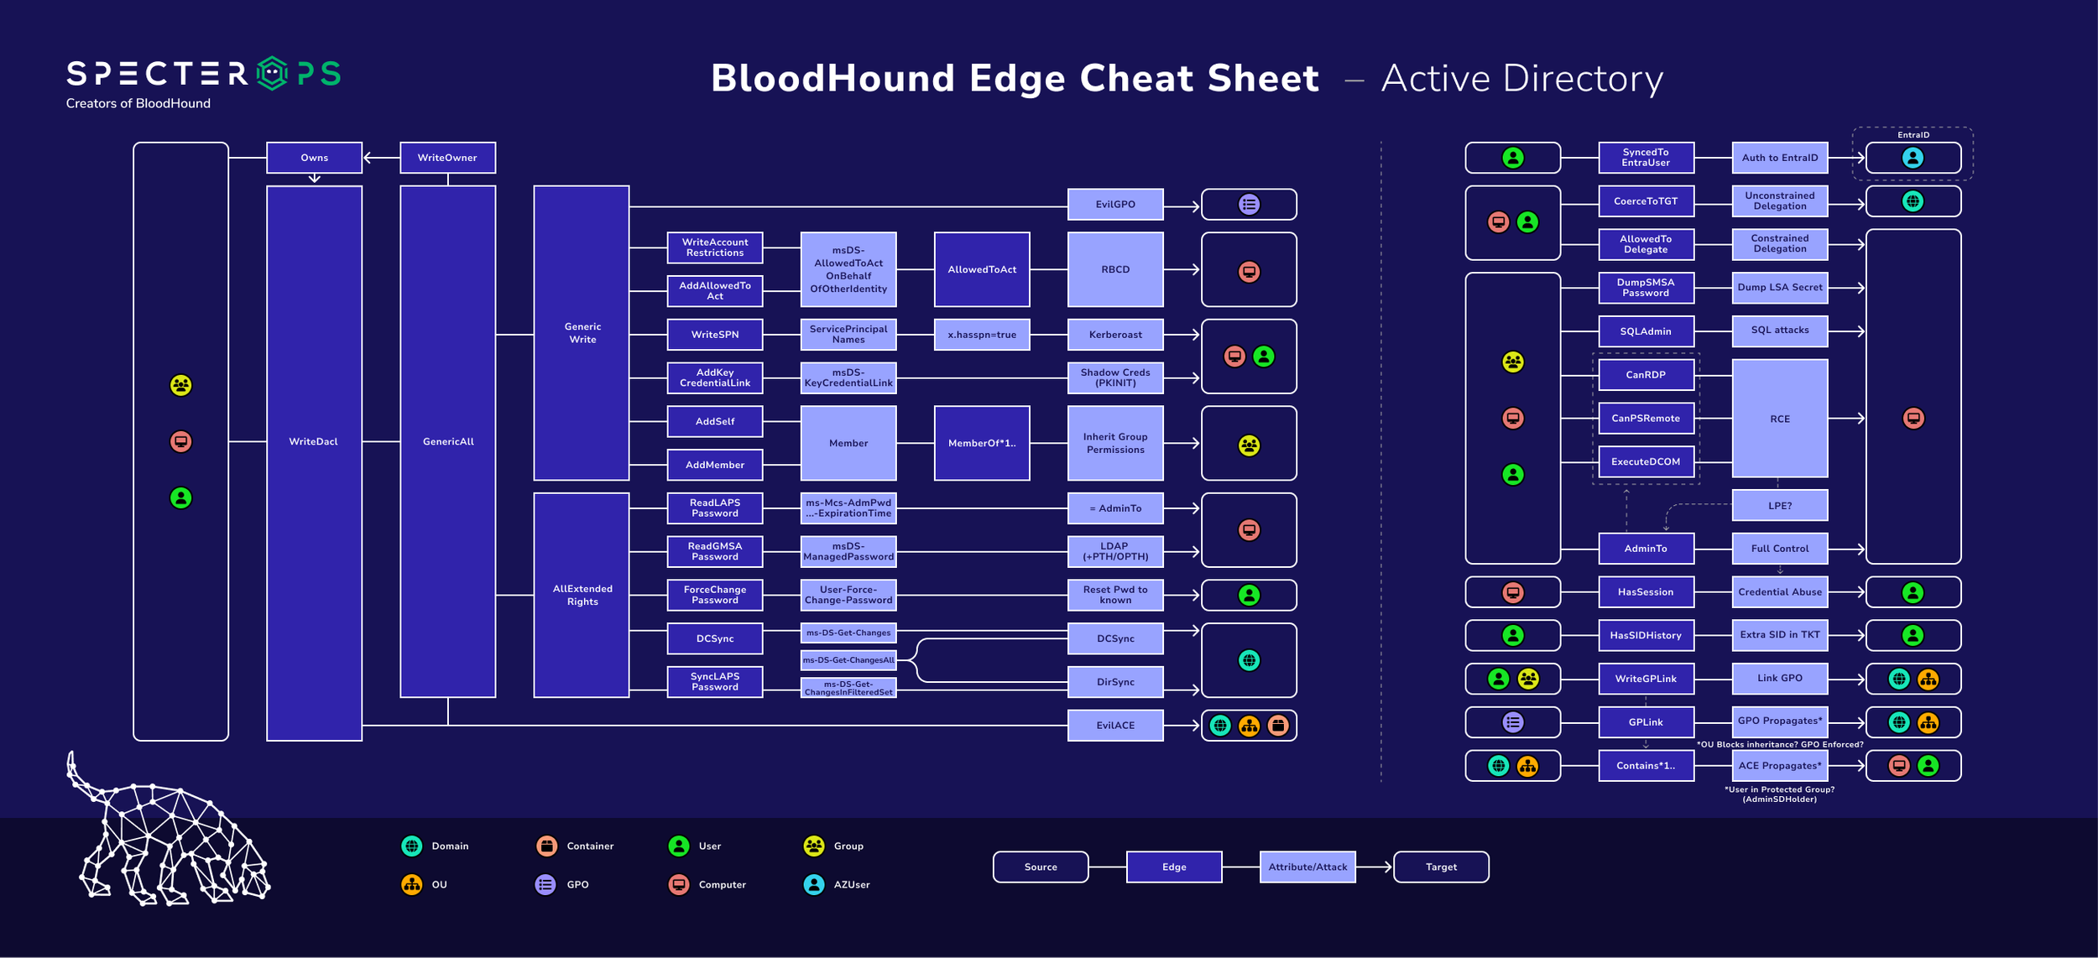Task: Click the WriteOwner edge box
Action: tap(447, 158)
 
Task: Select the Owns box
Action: tap(314, 158)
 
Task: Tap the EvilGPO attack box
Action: tap(1115, 205)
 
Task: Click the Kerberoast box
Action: tap(1115, 335)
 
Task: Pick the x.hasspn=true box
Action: tap(982, 335)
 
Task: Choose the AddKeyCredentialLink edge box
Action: tap(715, 378)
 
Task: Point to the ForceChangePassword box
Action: tap(715, 595)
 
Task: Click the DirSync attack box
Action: tap(1115, 682)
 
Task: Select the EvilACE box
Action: tap(1115, 726)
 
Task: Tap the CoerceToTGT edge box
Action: tap(1646, 201)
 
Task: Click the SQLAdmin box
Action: tap(1646, 331)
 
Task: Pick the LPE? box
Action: tap(1780, 506)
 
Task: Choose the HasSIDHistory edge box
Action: tap(1646, 636)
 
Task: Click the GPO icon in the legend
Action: tap(545, 884)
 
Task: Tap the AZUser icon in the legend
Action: tap(814, 884)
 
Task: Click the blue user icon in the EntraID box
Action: tap(1913, 158)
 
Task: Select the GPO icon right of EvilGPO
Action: tap(1249, 205)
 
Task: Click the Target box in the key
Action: tap(1441, 867)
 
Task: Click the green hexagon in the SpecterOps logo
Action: tap(272, 74)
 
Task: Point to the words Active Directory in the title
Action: tap(1522, 79)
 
